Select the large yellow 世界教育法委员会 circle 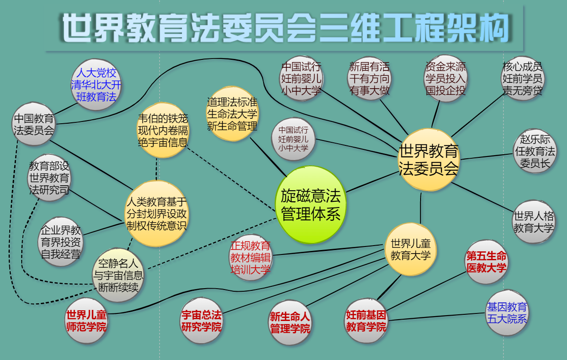pyautogui.click(x=428, y=160)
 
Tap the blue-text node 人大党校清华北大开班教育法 pyautogui.click(x=96, y=84)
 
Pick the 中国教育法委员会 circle pyautogui.click(x=34, y=124)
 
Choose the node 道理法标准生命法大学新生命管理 pyautogui.click(x=232, y=113)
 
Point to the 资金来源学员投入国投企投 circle pyautogui.click(x=445, y=78)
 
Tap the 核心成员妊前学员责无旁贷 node pyautogui.click(x=522, y=78)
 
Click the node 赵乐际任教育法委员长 pyautogui.click(x=534, y=151)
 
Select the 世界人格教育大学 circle pyautogui.click(x=533, y=222)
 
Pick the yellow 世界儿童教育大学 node pyautogui.click(x=410, y=249)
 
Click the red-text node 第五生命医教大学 pyautogui.click(x=486, y=262)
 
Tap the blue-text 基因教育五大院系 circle pyautogui.click(x=507, y=313)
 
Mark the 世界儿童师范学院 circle pyautogui.click(x=86, y=321)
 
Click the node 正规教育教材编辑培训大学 pyautogui.click(x=250, y=257)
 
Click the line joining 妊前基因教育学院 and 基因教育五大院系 pyautogui.click(x=437, y=317)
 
